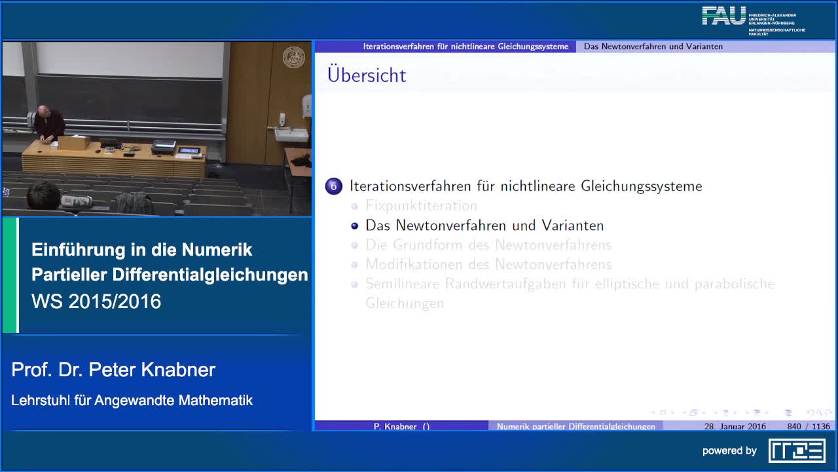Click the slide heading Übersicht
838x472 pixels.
coord(367,75)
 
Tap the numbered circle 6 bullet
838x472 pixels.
coord(334,186)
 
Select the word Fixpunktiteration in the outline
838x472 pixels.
coord(421,206)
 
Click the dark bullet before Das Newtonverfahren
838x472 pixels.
coord(355,226)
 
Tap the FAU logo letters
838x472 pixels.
coord(723,16)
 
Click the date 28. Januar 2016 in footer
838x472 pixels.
coord(735,426)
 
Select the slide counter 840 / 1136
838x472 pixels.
coord(809,426)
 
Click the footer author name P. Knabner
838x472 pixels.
coord(401,426)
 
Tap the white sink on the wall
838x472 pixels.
coord(291,134)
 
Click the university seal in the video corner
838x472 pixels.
coord(294,58)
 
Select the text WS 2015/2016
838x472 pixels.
coord(96,302)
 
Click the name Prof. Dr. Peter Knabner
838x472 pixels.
coord(113,370)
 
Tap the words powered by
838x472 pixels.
coord(729,451)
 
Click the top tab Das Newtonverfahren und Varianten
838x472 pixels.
coord(653,47)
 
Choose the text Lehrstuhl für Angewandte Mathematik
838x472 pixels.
coord(132,400)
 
